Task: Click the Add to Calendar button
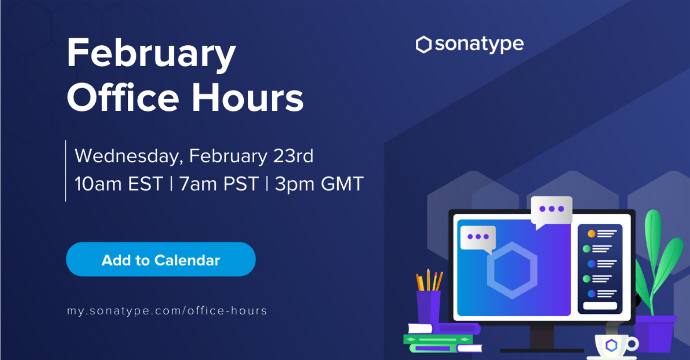point(161,259)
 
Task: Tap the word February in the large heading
point(151,54)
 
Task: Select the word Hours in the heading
point(248,97)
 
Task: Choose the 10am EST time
point(118,183)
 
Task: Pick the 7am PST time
point(219,183)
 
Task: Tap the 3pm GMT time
point(319,183)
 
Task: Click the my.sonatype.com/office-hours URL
point(167,311)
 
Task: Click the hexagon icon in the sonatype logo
point(423,45)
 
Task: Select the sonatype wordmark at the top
point(479,44)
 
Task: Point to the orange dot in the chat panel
point(591,234)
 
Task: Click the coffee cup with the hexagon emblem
point(614,346)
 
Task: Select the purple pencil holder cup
point(428,308)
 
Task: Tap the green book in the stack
point(438,340)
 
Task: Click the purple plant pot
point(656,334)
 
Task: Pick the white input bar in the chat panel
point(600,306)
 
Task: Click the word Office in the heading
point(123,97)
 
